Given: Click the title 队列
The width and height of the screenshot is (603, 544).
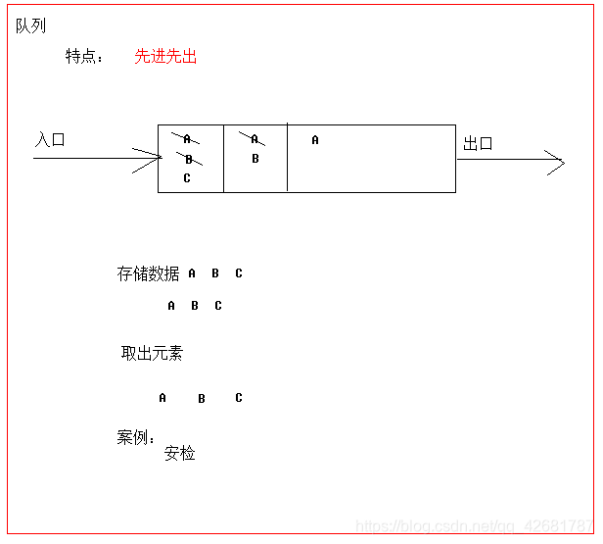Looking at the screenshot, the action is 31,26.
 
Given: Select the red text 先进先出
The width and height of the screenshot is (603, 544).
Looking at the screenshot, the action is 165,57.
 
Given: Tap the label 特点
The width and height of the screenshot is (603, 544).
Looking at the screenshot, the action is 83,57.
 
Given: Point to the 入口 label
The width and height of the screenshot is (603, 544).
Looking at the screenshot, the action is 51,140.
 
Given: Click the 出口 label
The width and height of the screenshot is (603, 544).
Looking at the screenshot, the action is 478,144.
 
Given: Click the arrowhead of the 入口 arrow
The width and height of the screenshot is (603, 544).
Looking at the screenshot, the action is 155,157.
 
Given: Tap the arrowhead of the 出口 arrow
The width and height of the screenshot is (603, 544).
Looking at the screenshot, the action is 558,161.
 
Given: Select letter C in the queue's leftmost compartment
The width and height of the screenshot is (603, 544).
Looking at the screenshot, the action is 187,178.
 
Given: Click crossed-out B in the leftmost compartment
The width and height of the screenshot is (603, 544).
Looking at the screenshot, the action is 188,159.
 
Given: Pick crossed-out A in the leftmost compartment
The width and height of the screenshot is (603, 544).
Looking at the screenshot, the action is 186,139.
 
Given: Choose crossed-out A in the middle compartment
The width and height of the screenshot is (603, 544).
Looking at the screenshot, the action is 255,139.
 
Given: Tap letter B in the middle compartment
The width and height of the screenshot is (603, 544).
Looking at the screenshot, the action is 255,159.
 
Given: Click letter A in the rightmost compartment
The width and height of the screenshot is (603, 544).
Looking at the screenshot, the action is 315,140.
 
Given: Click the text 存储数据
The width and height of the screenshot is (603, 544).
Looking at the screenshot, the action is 148,273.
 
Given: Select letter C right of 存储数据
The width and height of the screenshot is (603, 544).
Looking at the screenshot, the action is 239,273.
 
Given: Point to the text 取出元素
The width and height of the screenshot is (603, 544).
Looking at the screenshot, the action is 152,353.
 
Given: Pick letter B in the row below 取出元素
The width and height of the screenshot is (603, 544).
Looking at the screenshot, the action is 202,399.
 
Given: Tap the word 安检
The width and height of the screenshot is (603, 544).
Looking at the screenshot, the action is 180,453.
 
